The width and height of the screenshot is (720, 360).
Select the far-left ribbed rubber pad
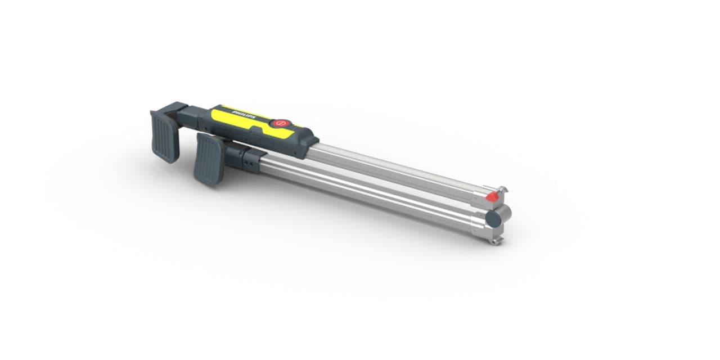coord(164,136)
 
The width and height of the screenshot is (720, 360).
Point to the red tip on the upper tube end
coord(492,196)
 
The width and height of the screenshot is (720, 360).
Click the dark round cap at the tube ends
coord(493,218)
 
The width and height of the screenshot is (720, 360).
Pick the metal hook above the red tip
coord(502,190)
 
